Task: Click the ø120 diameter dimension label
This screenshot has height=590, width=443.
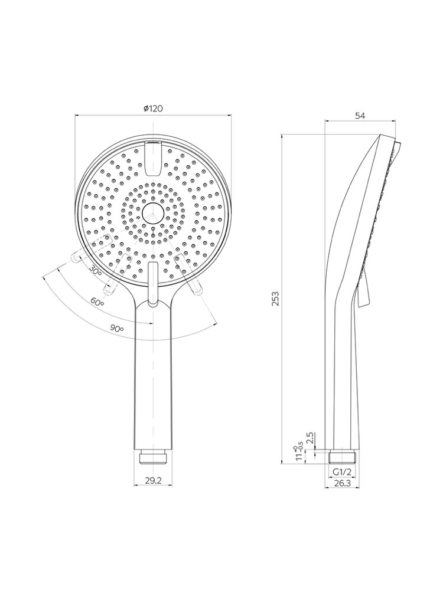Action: (153, 109)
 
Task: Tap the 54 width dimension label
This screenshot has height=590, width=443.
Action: (360, 116)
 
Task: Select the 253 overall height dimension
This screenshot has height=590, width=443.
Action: (275, 299)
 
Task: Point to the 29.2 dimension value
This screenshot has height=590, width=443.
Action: (154, 480)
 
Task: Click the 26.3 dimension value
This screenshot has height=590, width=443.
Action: (342, 484)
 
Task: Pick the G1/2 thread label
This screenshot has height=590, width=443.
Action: (342, 471)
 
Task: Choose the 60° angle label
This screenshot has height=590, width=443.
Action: (97, 301)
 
